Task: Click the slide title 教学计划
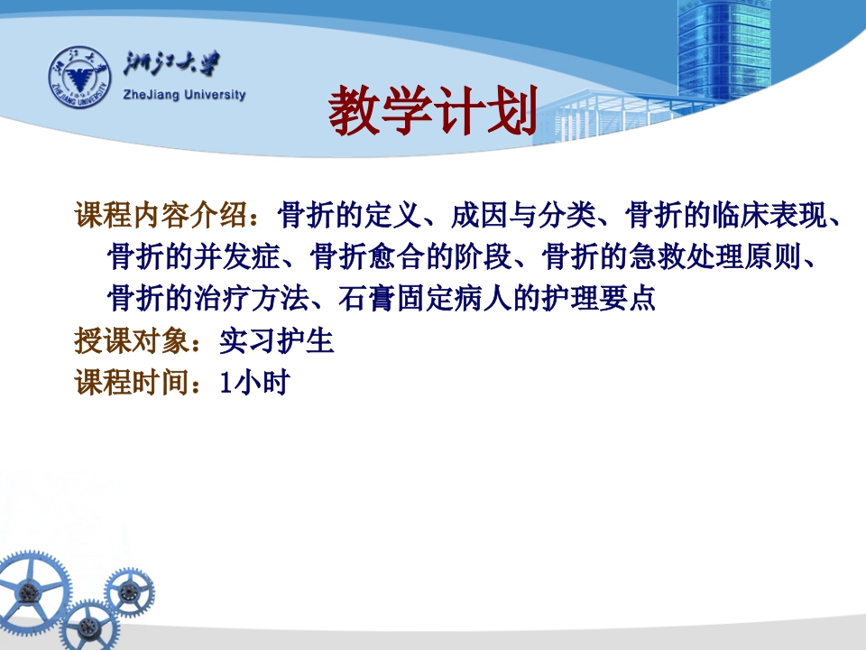click(432, 112)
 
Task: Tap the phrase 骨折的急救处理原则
click(671, 259)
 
